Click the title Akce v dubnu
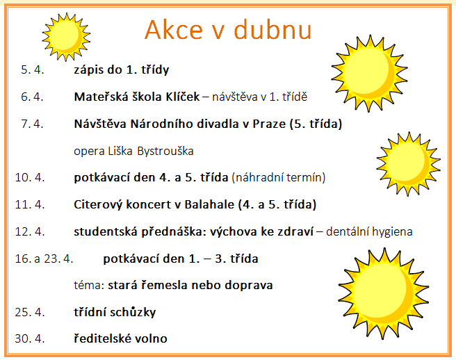pos(228,30)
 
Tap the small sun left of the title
pos(66,37)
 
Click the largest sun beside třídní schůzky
pos(383,293)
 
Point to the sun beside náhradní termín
pos(408,164)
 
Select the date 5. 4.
pos(32,69)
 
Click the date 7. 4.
pos(32,124)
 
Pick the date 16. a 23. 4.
pos(44,259)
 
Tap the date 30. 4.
pos(30,338)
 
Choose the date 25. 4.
pos(30,312)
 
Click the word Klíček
pos(183,97)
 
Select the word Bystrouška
pos(165,151)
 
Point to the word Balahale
pos(209,204)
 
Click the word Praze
pos(269,124)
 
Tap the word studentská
pos(105,231)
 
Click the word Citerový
pos(98,205)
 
